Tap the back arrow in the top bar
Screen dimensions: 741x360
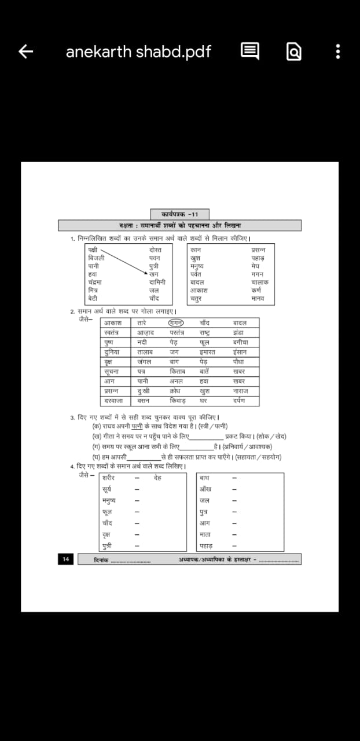click(26, 52)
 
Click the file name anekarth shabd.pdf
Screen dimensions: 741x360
click(138, 52)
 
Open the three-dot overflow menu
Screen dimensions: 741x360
click(338, 52)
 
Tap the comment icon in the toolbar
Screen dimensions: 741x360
click(249, 52)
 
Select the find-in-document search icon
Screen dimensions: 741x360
click(294, 52)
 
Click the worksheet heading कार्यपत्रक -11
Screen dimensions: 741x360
click(179, 214)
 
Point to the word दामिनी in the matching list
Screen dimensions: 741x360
click(157, 282)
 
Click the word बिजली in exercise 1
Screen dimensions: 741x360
click(96, 258)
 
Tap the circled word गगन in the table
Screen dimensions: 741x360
click(176, 322)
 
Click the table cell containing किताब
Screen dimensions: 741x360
click(177, 371)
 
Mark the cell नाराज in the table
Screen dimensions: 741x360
click(240, 391)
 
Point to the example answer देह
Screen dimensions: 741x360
click(157, 478)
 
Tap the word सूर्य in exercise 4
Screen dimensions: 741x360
click(106, 489)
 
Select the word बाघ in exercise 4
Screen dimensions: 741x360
click(204, 478)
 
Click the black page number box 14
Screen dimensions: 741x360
click(65, 559)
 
